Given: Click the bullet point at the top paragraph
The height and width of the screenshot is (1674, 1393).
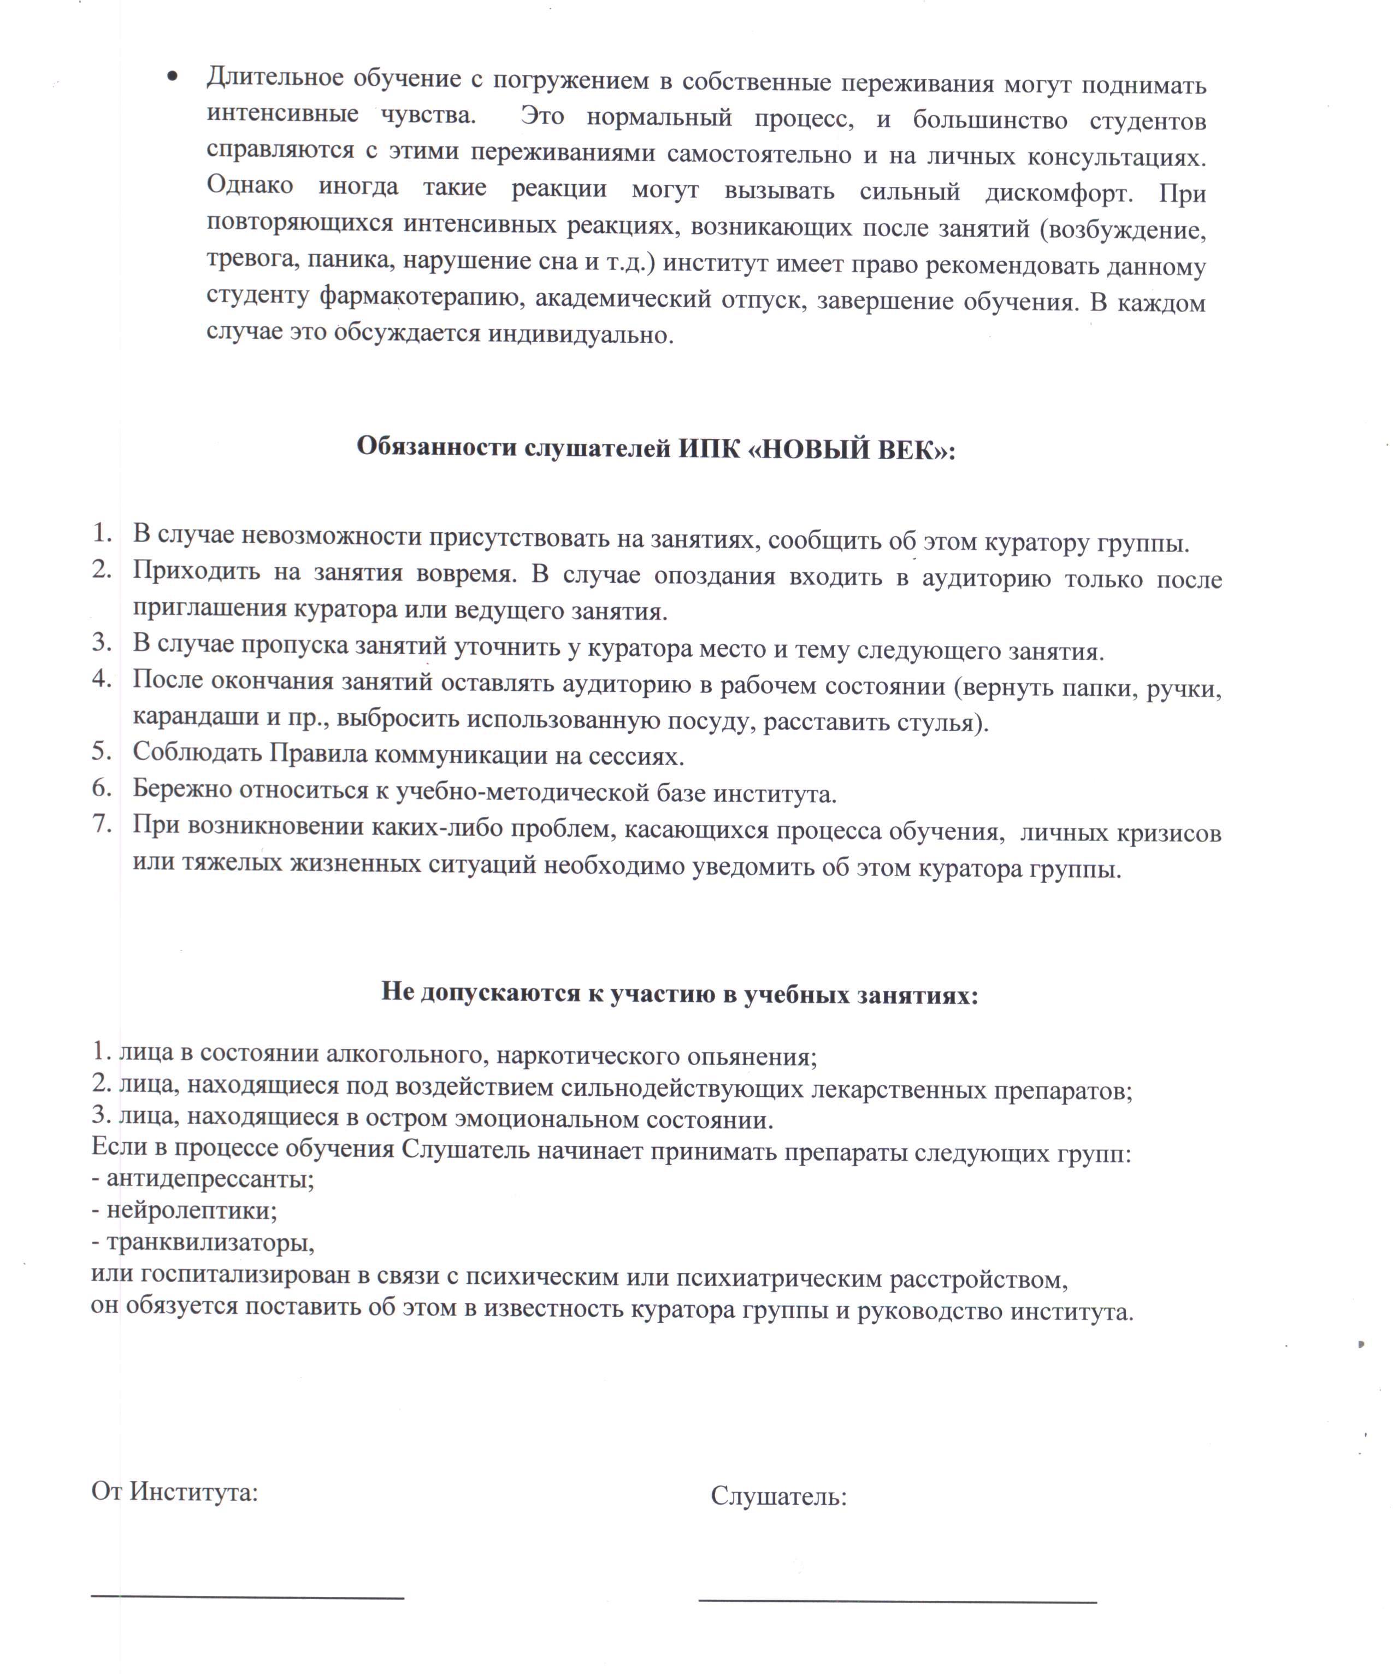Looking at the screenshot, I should click(172, 77).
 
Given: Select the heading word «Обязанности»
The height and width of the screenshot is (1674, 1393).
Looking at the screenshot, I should click(436, 447).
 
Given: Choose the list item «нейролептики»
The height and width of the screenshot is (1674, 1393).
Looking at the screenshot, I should click(191, 1210).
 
